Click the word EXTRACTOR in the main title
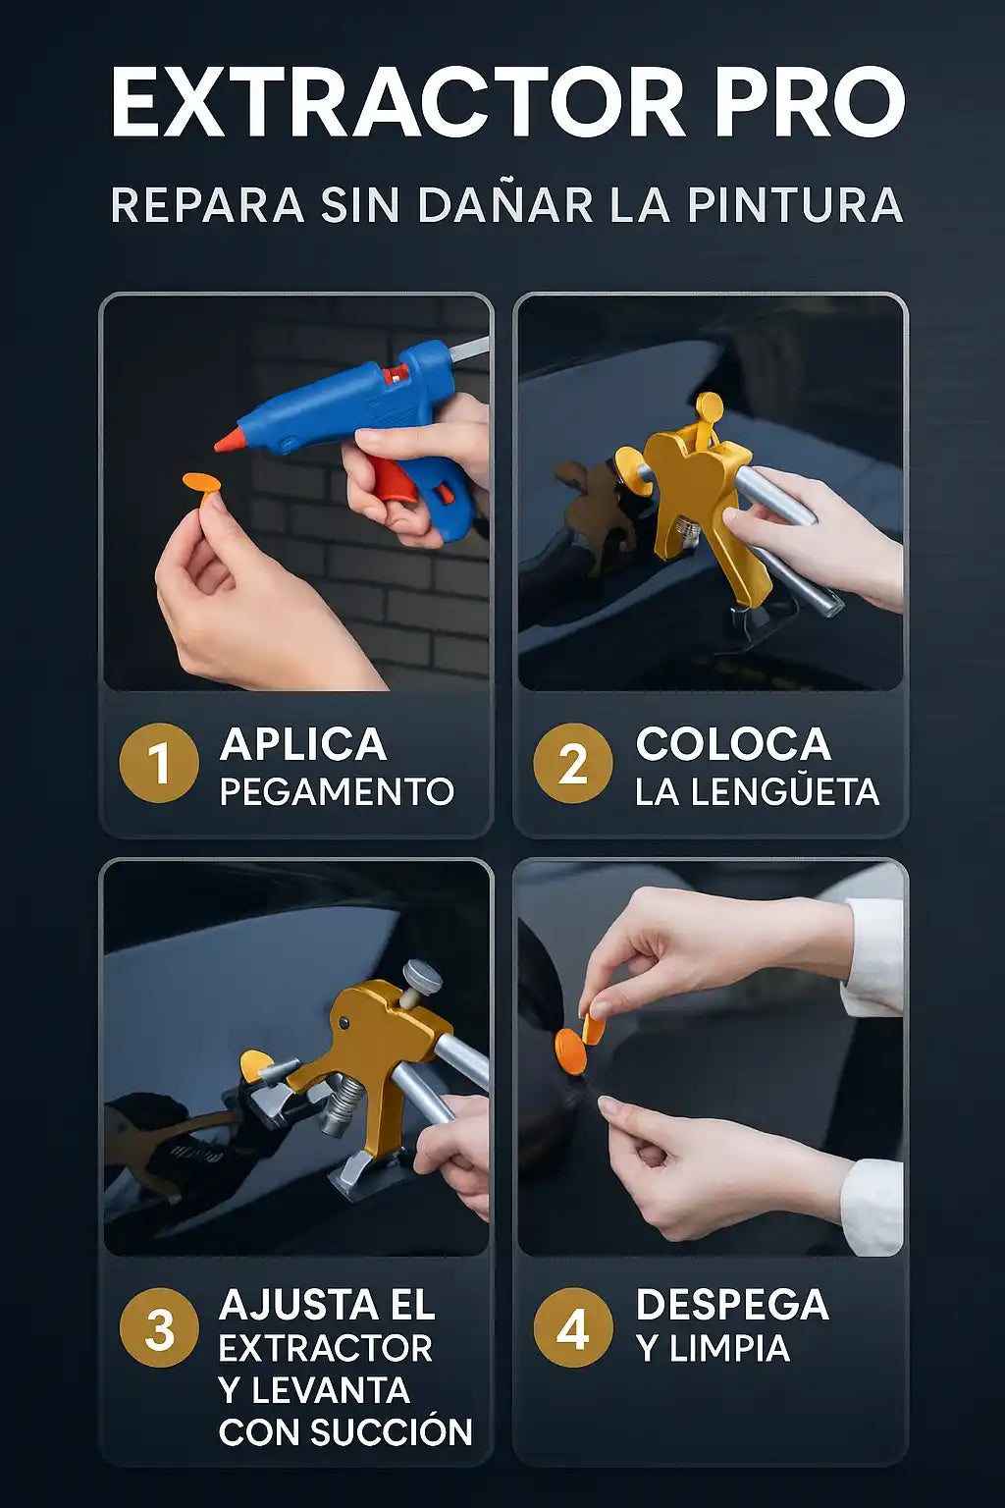(x=397, y=102)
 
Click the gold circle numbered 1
(x=159, y=764)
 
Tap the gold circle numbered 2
(x=573, y=764)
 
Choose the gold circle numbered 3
(x=159, y=1327)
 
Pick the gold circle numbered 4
(x=573, y=1327)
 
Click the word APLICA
(x=303, y=744)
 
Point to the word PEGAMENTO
(x=337, y=791)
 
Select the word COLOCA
(x=733, y=744)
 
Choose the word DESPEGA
(x=732, y=1305)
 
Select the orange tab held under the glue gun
(x=203, y=484)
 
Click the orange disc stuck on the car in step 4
(x=571, y=1050)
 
